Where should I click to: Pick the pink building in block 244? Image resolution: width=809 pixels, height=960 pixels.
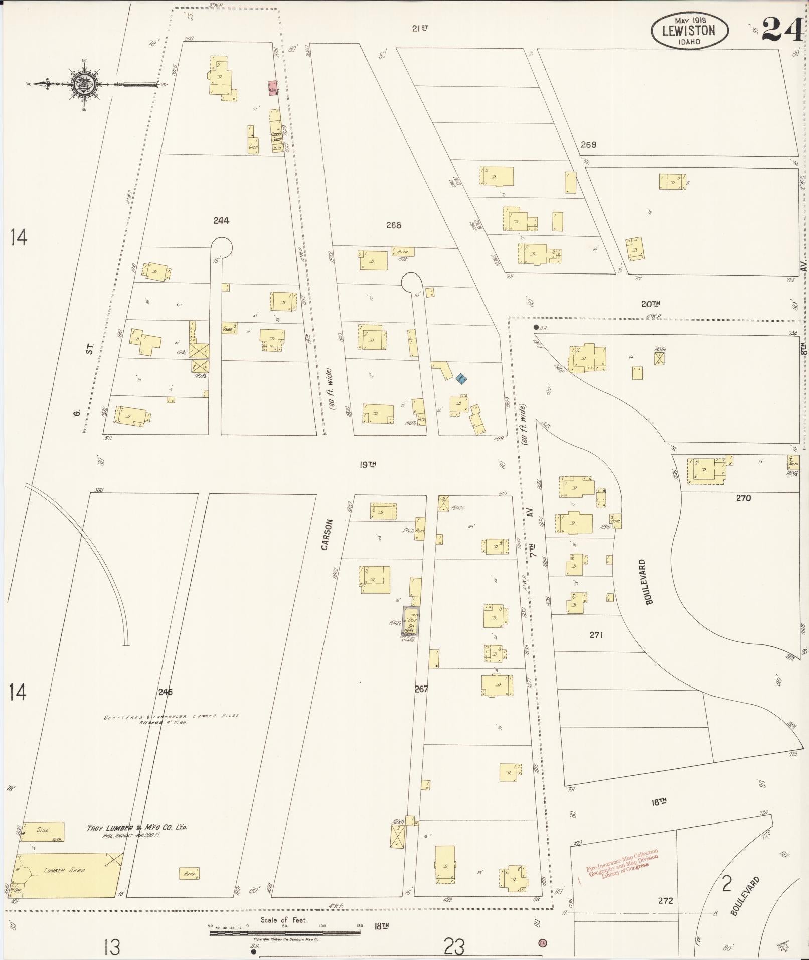coord(272,88)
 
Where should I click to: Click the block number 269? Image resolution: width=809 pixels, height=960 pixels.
coord(588,145)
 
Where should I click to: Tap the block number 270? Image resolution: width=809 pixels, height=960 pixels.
coord(743,498)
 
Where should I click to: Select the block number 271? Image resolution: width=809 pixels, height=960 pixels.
coord(596,635)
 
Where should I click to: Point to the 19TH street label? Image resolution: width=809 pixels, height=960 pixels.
coord(368,465)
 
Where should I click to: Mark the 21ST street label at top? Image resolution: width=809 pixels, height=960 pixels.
coord(420,29)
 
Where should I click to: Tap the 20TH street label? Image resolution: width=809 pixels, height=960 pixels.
coord(650,304)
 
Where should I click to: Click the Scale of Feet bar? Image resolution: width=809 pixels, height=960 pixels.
coord(284,933)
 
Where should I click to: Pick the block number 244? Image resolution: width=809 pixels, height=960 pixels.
coord(221,220)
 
